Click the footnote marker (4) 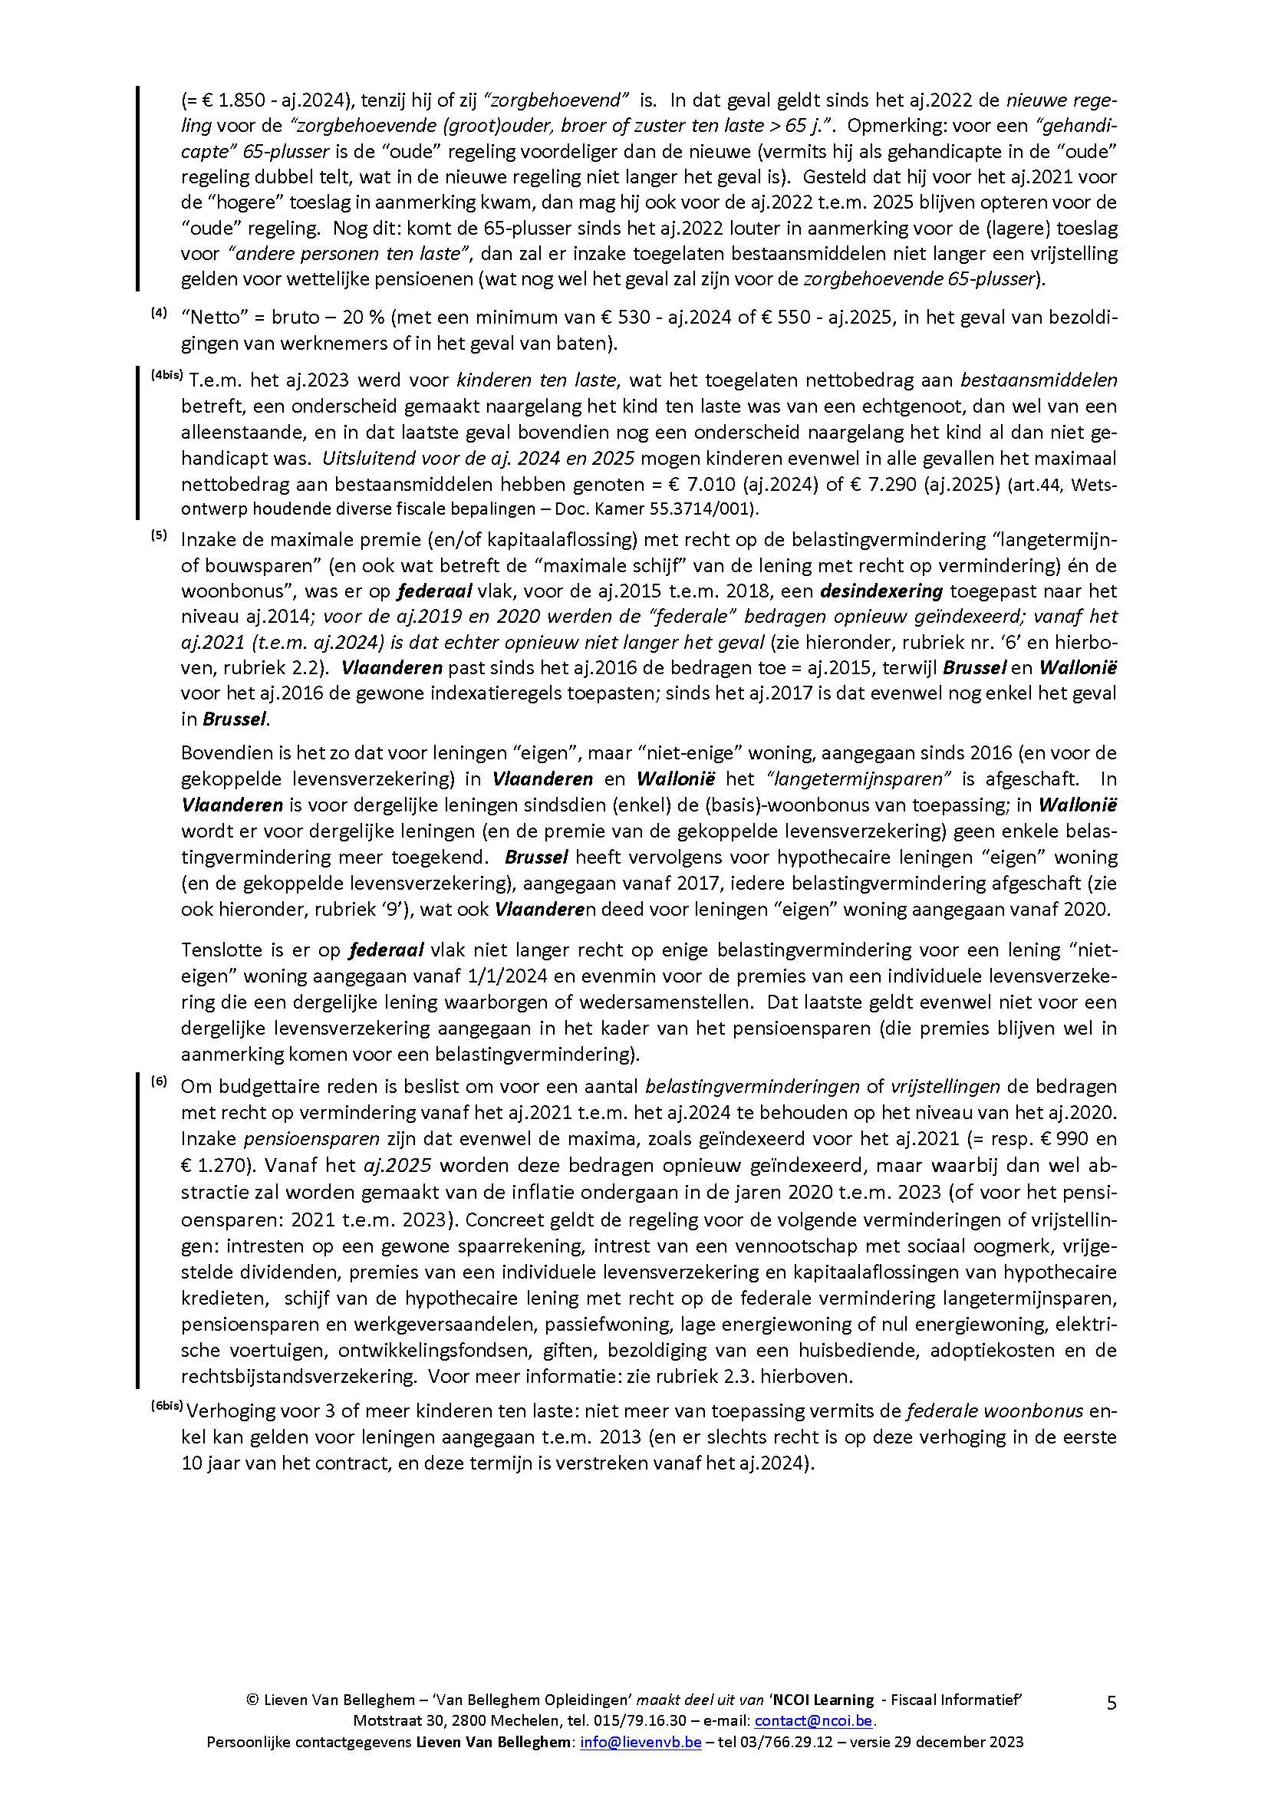pos(159,314)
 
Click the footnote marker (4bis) pos(166,376)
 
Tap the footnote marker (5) pos(159,535)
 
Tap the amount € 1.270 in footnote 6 pos(212,1163)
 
